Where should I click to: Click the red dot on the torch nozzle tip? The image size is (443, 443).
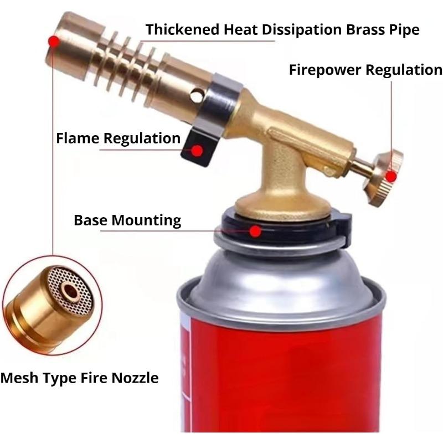[x=54, y=42]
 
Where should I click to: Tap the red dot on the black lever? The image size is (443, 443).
[x=197, y=151]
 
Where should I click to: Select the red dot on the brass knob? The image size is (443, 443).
[x=391, y=177]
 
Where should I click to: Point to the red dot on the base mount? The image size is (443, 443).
[x=256, y=231]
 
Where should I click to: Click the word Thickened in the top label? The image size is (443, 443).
[x=183, y=29]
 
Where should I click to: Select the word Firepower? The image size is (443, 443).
[x=325, y=70]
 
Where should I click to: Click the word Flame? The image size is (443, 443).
[x=78, y=138]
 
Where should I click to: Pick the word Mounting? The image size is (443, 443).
[x=146, y=220]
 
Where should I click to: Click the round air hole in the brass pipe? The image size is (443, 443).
[x=197, y=95]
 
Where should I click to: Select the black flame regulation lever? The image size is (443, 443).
[x=198, y=147]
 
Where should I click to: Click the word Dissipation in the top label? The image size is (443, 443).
[x=302, y=30]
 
